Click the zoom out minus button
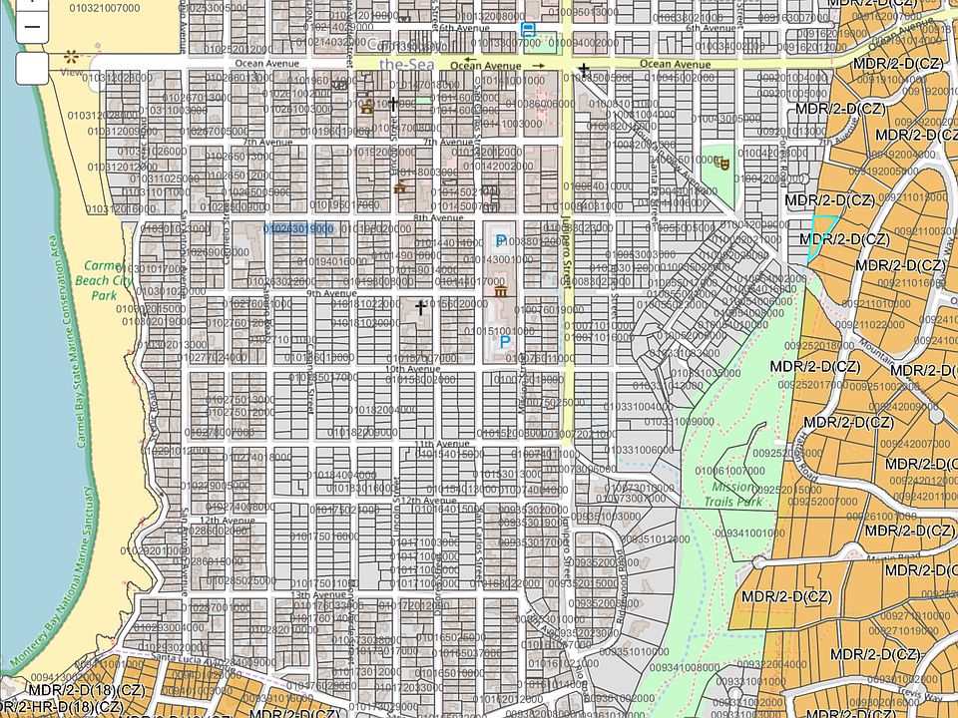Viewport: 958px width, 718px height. point(32,27)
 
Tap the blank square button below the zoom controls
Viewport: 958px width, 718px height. point(32,69)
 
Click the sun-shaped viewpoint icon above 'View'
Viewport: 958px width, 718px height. point(70,57)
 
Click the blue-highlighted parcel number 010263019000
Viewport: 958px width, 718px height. point(298,229)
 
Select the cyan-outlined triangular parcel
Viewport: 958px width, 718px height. point(820,235)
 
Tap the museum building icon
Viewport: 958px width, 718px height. point(499,290)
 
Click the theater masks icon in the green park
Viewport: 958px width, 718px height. point(723,163)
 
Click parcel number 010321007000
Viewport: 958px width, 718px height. point(105,8)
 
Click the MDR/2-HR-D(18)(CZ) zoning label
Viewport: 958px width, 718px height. point(62,707)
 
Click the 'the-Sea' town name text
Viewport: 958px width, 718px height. point(402,64)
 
